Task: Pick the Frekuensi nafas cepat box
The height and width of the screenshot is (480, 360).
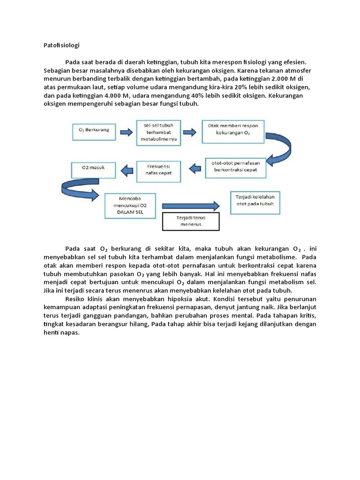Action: (158, 169)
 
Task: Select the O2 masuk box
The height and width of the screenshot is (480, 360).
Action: (93, 170)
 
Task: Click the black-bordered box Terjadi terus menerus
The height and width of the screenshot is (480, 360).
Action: (190, 221)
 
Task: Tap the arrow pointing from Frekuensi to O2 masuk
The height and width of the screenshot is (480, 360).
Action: (126, 169)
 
